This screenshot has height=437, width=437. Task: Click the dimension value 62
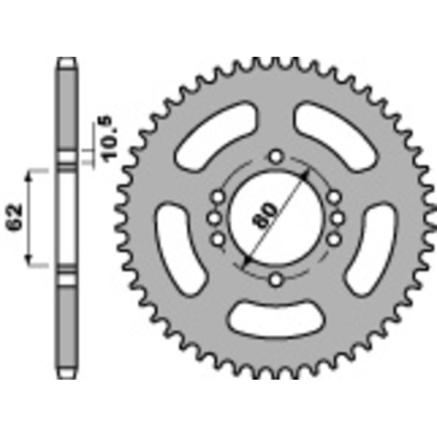(16, 218)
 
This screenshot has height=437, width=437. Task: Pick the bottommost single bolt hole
(276, 280)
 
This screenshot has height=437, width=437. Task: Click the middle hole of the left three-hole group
(214, 218)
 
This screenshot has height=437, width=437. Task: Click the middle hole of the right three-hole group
(338, 218)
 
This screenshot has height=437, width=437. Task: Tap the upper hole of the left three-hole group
(219, 197)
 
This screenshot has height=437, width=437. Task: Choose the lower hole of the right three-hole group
(333, 240)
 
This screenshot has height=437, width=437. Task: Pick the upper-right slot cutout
(338, 139)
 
